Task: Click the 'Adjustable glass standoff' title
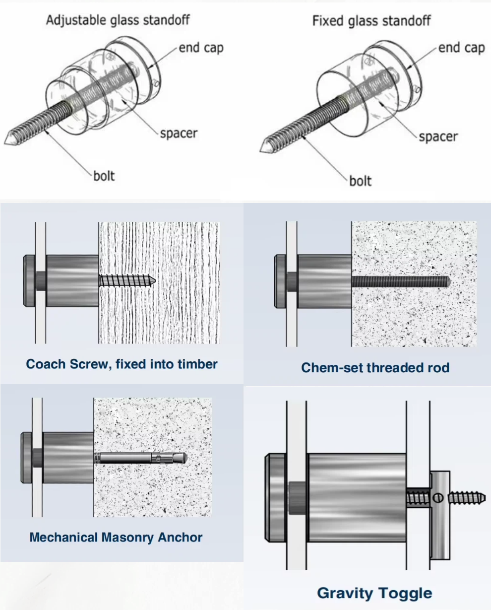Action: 118,20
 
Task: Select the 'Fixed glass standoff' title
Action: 371,21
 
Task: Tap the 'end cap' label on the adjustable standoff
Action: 201,48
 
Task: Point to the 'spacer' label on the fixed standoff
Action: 438,136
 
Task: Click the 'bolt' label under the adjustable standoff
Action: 104,176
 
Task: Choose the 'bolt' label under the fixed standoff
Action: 360,180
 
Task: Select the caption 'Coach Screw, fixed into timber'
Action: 122,364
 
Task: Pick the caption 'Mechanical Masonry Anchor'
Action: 116,537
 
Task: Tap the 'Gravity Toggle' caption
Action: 374,593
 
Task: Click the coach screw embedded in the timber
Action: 127,280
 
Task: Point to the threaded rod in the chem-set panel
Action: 400,281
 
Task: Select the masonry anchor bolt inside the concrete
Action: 141,457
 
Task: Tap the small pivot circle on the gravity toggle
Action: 438,497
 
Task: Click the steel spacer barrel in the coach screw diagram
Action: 72,280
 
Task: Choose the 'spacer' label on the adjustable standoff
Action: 179,134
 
